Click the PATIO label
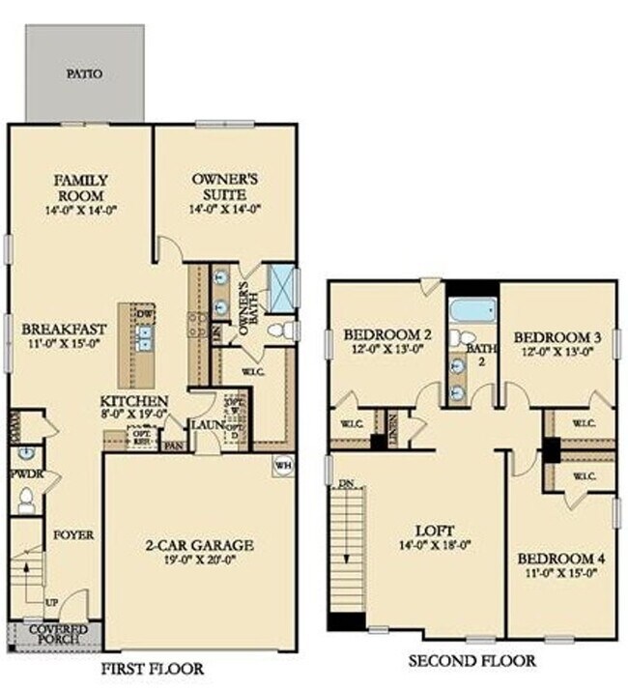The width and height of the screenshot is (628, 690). pos(86,72)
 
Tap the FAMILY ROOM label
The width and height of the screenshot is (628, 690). pos(80,187)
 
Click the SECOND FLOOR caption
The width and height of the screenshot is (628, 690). pos(471,661)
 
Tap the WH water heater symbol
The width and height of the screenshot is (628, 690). pos(283,464)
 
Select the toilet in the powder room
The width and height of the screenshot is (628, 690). pos(26,499)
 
